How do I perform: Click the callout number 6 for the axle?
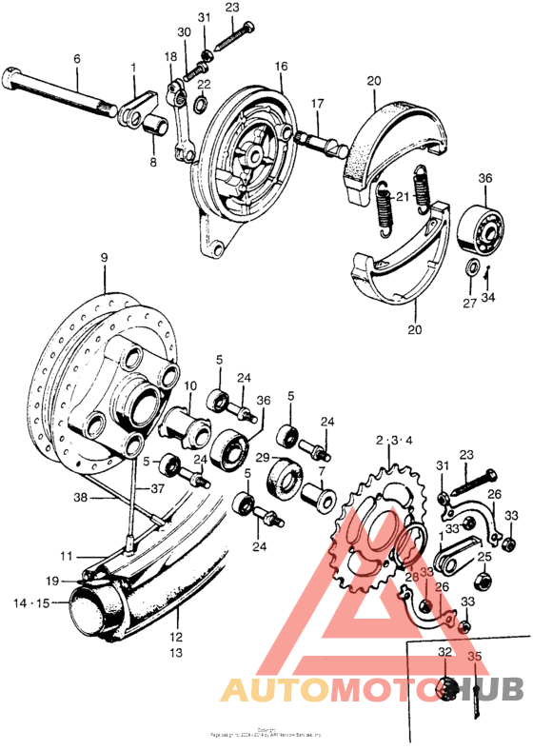tap(76, 57)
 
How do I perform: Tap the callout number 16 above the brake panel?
tap(281, 67)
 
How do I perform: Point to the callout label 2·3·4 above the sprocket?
tap(394, 440)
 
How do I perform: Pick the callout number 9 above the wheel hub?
tap(105, 257)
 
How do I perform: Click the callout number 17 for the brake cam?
tap(317, 103)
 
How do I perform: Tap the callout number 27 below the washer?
tap(468, 305)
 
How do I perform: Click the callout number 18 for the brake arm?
tap(169, 57)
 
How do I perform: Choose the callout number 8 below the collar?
tap(151, 163)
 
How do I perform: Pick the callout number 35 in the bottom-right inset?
tap(475, 656)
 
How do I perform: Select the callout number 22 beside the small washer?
tap(204, 85)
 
